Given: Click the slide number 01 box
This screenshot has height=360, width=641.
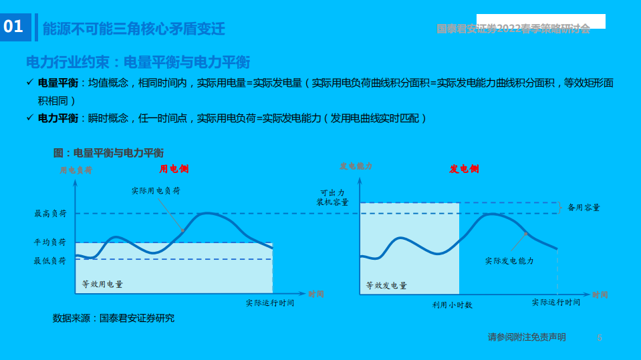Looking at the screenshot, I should (x=14, y=27).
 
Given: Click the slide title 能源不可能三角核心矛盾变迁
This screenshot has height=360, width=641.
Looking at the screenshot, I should (x=134, y=29).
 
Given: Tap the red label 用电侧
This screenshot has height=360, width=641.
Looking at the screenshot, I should (x=174, y=169).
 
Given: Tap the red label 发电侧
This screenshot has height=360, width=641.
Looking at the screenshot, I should (x=464, y=169).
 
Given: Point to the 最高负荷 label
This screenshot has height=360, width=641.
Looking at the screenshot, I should (x=51, y=214).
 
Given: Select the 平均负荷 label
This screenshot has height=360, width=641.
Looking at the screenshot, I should (x=51, y=242).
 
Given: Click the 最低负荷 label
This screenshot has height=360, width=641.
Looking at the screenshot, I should (x=51, y=261).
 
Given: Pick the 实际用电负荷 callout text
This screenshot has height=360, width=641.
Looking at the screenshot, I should (x=156, y=191).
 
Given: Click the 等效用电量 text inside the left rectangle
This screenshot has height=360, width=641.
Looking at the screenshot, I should (x=102, y=285).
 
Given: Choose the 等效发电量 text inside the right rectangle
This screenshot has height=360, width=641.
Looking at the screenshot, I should (x=386, y=286).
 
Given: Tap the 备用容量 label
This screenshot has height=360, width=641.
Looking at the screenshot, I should (x=584, y=208).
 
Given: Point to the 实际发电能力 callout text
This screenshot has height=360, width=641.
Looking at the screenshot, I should (x=509, y=261).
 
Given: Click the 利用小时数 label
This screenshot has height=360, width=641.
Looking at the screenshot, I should (x=452, y=305).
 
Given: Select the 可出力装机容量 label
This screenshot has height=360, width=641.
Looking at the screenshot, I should (x=332, y=197).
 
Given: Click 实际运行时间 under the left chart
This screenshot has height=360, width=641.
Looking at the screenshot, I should (x=270, y=303).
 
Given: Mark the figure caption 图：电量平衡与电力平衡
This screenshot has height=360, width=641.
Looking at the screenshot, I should (x=108, y=153).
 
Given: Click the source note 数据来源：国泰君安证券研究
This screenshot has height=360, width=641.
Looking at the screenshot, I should (x=114, y=319).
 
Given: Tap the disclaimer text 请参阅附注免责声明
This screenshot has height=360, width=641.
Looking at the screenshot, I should (x=527, y=337).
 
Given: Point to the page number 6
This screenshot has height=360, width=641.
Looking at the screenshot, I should (x=599, y=338).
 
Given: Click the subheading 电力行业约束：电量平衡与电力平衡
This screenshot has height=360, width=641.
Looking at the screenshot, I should (x=138, y=63).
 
